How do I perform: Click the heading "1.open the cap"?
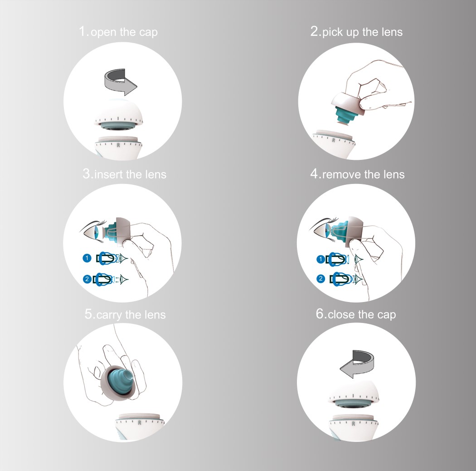[118, 32]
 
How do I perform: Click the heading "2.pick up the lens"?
[356, 32]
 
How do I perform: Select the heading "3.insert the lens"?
[125, 174]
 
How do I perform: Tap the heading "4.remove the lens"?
[357, 174]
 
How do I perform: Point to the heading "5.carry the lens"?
[125, 314]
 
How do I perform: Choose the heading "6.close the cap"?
[356, 314]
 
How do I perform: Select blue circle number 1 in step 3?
[86, 258]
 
